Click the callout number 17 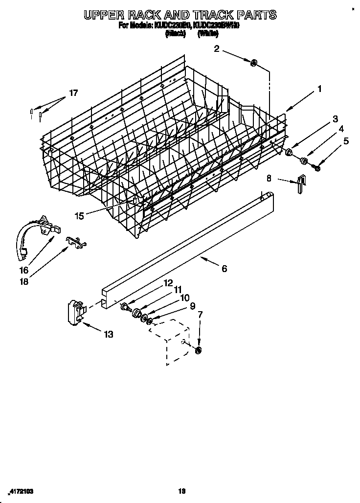tap(73, 93)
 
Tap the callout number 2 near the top tap(217, 48)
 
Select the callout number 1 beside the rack tap(319, 89)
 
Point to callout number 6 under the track tap(224, 269)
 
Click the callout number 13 tap(108, 335)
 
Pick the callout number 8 tap(269, 179)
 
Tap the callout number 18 tap(24, 282)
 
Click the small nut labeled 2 tap(254, 63)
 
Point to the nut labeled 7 tap(198, 350)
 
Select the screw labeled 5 tap(317, 168)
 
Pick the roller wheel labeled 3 tap(289, 153)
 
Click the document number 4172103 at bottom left tap(22, 490)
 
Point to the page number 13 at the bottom tap(181, 490)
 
